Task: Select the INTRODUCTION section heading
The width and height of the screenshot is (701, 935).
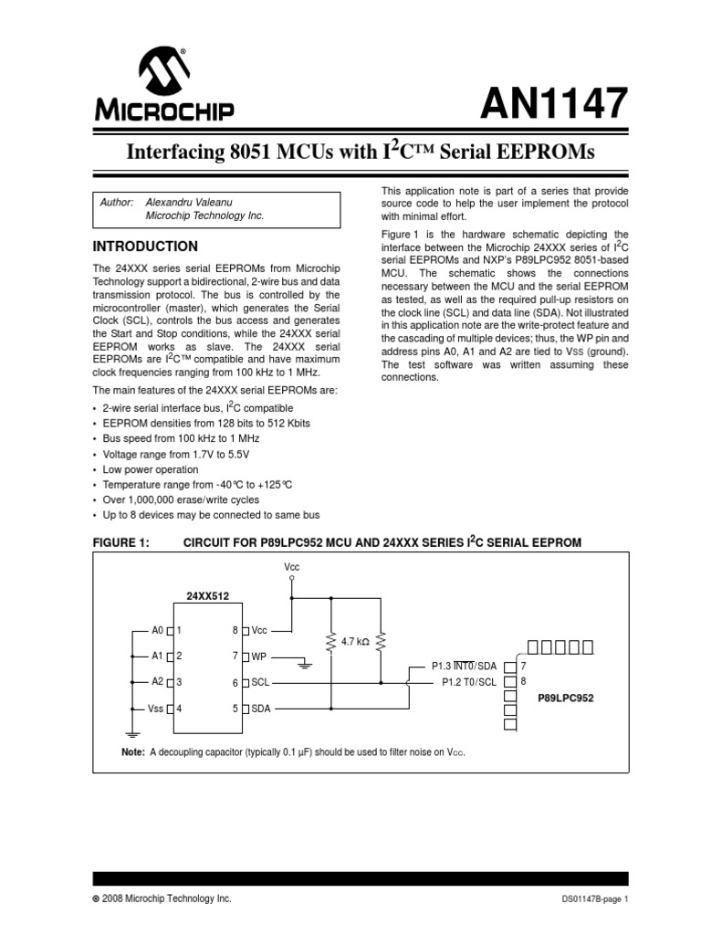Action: (145, 247)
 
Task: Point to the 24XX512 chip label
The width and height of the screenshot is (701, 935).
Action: (208, 595)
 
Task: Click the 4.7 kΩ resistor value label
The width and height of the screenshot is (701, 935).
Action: (354, 643)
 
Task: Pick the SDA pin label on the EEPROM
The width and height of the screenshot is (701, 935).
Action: (261, 708)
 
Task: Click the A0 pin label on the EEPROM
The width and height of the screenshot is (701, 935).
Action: (157, 630)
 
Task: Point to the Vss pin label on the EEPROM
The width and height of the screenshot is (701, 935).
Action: (155, 708)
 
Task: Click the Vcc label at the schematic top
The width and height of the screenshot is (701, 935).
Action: (291, 567)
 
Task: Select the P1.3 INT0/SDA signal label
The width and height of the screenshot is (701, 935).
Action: (465, 667)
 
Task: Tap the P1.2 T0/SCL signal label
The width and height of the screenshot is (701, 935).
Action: (469, 681)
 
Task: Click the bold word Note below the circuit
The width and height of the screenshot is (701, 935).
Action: (132, 751)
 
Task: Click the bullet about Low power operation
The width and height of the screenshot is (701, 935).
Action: (150, 469)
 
